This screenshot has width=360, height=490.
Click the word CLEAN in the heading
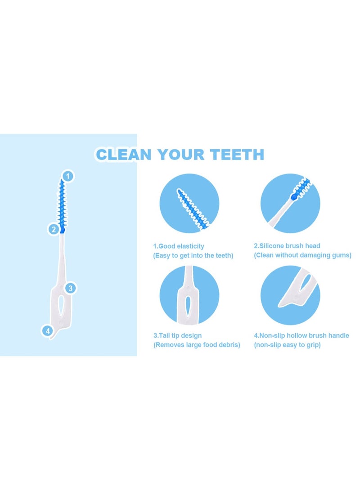click(x=123, y=155)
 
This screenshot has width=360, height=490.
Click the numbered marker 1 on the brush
click(x=67, y=176)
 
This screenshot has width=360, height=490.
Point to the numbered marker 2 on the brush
click(x=54, y=230)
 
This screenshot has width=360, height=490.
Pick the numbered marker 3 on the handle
click(x=70, y=288)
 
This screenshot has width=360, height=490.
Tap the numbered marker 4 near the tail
click(x=47, y=331)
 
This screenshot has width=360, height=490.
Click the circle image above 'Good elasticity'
click(x=189, y=204)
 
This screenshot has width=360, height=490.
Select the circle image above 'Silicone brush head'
click(x=290, y=204)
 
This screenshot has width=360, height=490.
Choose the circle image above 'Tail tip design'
click(x=189, y=295)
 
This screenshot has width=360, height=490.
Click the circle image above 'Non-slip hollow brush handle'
click(x=290, y=295)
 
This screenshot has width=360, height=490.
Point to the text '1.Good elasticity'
click(x=179, y=246)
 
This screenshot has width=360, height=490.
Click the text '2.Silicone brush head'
click(x=287, y=246)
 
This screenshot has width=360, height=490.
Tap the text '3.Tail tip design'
click(x=177, y=335)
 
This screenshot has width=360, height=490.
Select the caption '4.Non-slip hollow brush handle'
click(x=301, y=335)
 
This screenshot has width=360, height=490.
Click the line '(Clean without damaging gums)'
click(x=302, y=255)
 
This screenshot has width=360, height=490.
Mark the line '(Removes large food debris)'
click(x=197, y=345)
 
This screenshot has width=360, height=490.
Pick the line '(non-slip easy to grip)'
click(x=287, y=345)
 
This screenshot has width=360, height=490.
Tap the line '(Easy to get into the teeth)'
click(x=193, y=255)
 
